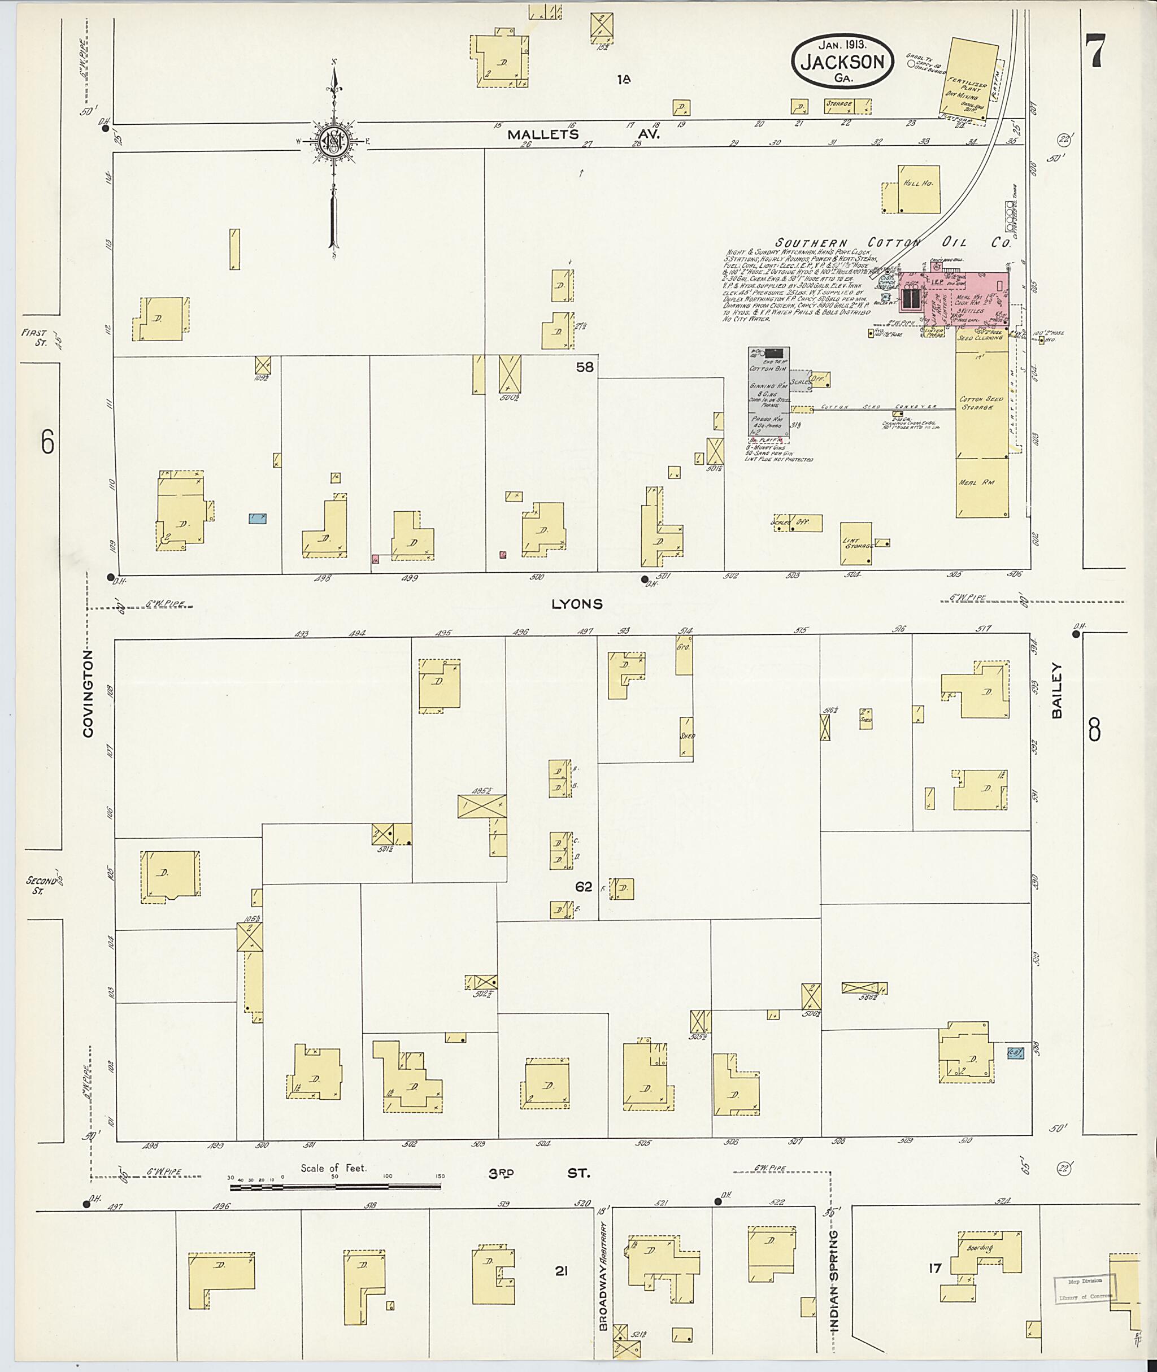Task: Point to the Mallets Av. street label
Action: pyautogui.click(x=583, y=135)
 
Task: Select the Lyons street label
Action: pyautogui.click(x=577, y=604)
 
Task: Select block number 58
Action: pyautogui.click(x=584, y=367)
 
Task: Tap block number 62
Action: pyautogui.click(x=583, y=887)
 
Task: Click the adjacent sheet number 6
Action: pyautogui.click(x=47, y=443)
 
